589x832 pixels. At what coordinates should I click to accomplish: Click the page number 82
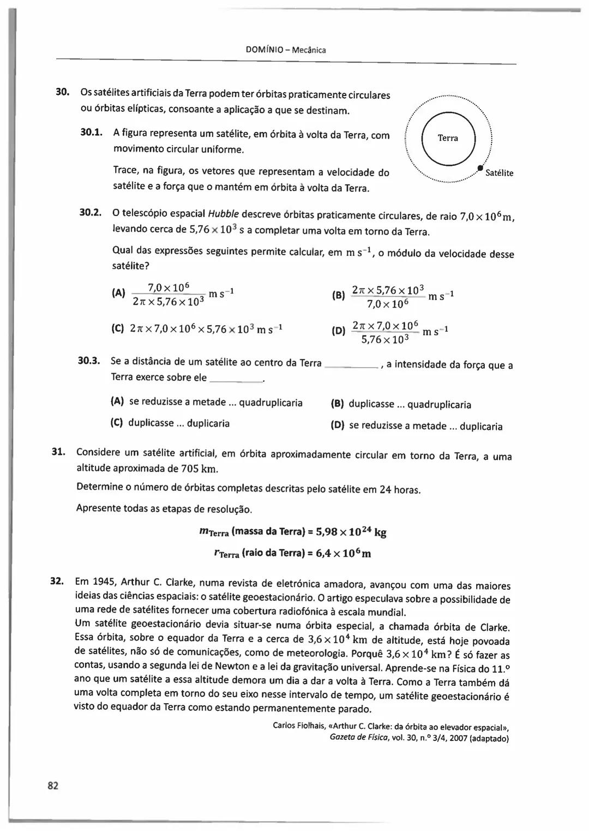(x=53, y=785)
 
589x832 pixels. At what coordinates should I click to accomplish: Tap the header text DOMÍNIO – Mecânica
(x=286, y=50)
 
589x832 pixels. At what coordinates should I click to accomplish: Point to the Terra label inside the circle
(x=448, y=138)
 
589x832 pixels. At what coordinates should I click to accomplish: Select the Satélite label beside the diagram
(x=499, y=173)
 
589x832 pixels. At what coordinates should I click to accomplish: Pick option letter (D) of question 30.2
(x=338, y=331)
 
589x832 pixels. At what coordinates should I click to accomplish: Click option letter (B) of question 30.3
(x=338, y=404)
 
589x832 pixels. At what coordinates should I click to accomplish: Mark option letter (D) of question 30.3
(x=338, y=426)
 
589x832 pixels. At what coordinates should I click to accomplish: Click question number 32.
(x=58, y=580)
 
